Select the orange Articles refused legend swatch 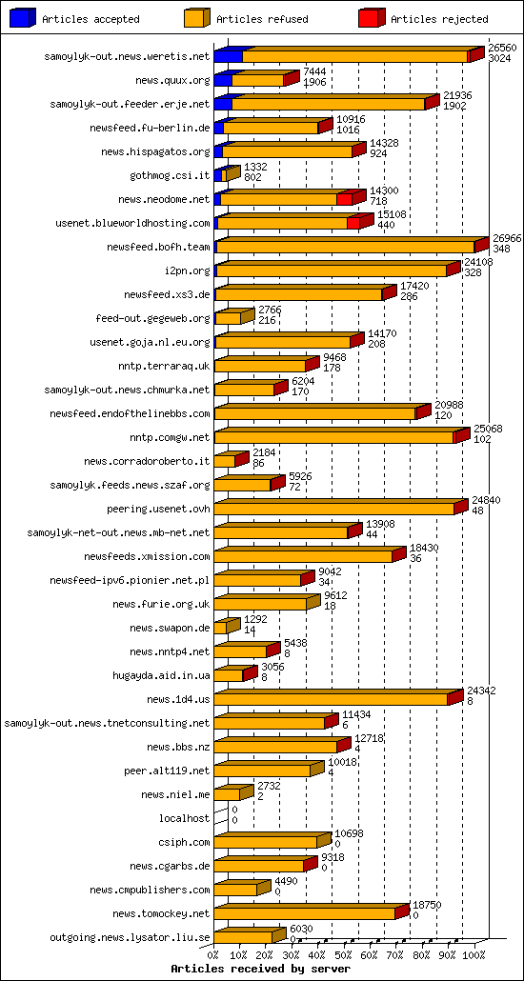coord(195,18)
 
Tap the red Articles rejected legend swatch coord(372,18)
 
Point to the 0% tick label coord(213,953)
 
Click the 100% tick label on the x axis coord(474,953)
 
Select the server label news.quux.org coord(172,81)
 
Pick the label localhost coord(185,818)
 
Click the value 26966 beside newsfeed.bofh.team coord(506,238)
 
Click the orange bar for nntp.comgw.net coord(333,437)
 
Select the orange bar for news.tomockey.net coord(304,913)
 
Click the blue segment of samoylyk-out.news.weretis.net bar coord(228,56)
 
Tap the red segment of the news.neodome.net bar coord(345,199)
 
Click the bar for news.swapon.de coord(221,628)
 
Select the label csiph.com coord(184,842)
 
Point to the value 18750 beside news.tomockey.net coord(426,905)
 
